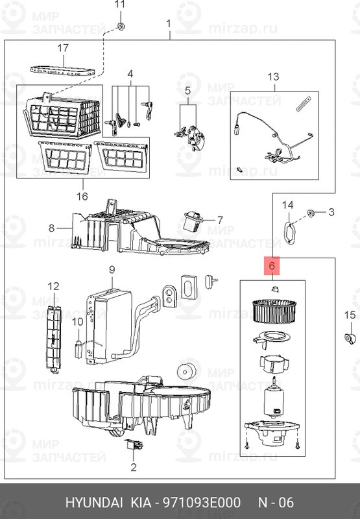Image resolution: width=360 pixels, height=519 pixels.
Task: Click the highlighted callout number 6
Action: coord(272,266)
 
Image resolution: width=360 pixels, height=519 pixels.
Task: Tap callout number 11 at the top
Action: coord(120,5)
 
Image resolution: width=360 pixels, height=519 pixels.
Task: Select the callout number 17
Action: coord(63,48)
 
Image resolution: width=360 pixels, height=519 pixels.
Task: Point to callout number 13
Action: coord(273,77)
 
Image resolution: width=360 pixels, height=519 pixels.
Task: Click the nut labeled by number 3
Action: coord(311,213)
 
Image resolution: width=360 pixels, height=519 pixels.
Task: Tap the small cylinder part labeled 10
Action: coord(78,350)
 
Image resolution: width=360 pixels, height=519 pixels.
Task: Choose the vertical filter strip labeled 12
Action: coord(53,338)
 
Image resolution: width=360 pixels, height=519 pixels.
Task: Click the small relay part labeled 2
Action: coord(134,444)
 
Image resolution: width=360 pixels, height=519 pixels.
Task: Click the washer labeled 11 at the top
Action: coord(120,26)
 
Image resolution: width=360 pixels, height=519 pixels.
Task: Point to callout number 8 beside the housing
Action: coord(52,228)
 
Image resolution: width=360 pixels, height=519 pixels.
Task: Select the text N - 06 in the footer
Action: coord(276,502)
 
